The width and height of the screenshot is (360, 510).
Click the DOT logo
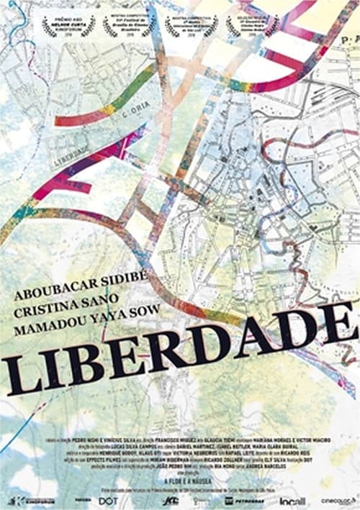(107, 500)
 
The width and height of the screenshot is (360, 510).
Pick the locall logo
(292, 500)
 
